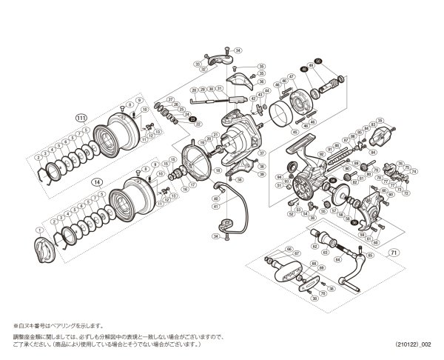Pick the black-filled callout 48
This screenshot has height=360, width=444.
[303, 68]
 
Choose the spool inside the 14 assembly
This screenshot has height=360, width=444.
[122, 199]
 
